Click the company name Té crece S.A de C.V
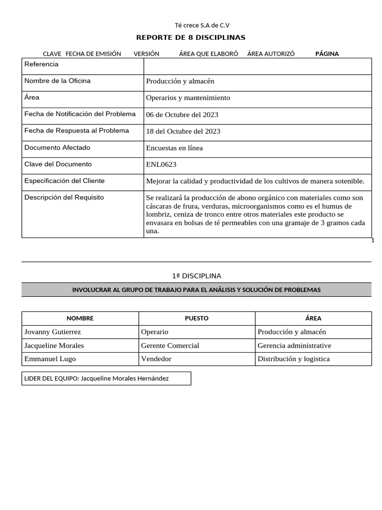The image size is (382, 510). [x=202, y=25]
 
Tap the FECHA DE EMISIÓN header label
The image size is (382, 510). [x=93, y=54]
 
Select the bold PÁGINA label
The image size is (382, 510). [x=327, y=54]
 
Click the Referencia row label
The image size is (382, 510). [x=41, y=64]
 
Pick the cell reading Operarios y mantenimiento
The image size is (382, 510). [x=188, y=98]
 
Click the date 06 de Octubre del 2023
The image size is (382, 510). [x=182, y=115]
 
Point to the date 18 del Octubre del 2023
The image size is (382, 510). [x=183, y=131]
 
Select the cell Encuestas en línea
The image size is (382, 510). [x=174, y=148]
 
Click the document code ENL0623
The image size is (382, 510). [x=161, y=164]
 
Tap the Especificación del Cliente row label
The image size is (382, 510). [x=64, y=181]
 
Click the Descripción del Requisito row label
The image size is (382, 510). [x=64, y=197]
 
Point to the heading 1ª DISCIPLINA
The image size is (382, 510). [x=196, y=275]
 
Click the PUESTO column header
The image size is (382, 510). [x=196, y=318]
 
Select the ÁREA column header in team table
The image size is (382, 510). [x=313, y=318]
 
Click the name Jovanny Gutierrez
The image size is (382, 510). [x=52, y=332]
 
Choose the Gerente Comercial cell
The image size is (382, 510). [x=170, y=346]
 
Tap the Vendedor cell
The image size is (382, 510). [x=156, y=359]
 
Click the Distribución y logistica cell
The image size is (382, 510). [x=293, y=359]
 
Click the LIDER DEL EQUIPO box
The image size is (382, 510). [x=106, y=379]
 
